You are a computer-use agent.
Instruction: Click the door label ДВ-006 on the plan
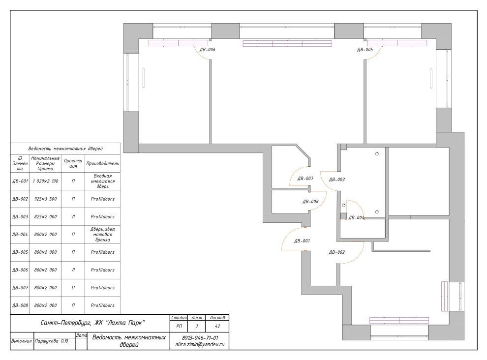pyautogui.click(x=208, y=50)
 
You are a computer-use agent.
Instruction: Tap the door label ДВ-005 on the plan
pyautogui.click(x=365, y=50)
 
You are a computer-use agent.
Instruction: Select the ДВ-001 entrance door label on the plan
pyautogui.click(x=302, y=240)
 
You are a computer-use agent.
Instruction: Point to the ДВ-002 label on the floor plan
pyautogui.click(x=336, y=252)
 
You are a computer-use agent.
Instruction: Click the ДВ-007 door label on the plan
pyautogui.click(x=305, y=179)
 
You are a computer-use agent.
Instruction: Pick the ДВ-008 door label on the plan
pyautogui.click(x=310, y=202)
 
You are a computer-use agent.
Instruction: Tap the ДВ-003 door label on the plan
pyautogui.click(x=336, y=180)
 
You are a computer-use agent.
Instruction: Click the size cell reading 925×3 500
pyautogui.click(x=45, y=199)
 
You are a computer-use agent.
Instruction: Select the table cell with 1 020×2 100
pyautogui.click(x=45, y=181)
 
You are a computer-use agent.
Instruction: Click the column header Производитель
pyautogui.click(x=102, y=163)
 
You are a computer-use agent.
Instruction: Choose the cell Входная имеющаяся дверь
pyautogui.click(x=102, y=181)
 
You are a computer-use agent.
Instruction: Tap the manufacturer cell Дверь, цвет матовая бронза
pyautogui.click(x=102, y=235)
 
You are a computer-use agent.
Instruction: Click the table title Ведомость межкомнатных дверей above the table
pyautogui.click(x=65, y=149)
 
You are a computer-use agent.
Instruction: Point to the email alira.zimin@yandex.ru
pyautogui.click(x=200, y=344)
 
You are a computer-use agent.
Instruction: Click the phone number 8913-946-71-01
pyautogui.click(x=200, y=338)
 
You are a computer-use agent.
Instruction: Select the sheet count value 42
pyautogui.click(x=217, y=326)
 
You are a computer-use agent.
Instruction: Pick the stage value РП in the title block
pyautogui.click(x=179, y=326)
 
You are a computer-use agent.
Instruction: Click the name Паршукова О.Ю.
pyautogui.click(x=52, y=341)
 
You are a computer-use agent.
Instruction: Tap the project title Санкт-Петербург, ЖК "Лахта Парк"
pyautogui.click(x=93, y=323)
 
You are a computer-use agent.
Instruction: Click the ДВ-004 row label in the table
pyautogui.click(x=20, y=235)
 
